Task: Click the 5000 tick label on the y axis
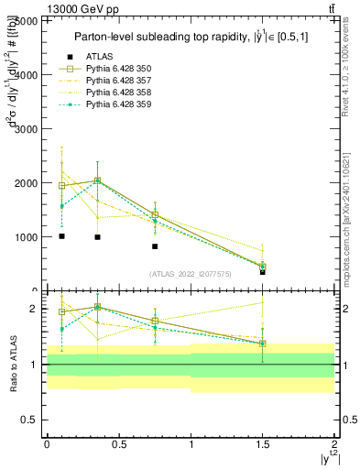tap(25, 20)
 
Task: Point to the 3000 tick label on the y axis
tap(25, 128)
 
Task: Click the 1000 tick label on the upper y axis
tap(25, 236)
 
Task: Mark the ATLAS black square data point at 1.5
tap(263, 272)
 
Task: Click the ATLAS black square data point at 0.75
tap(155, 246)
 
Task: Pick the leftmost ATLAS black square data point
tap(61, 236)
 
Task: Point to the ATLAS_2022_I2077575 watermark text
tap(191, 274)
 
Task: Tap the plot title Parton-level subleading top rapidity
tap(191, 37)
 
